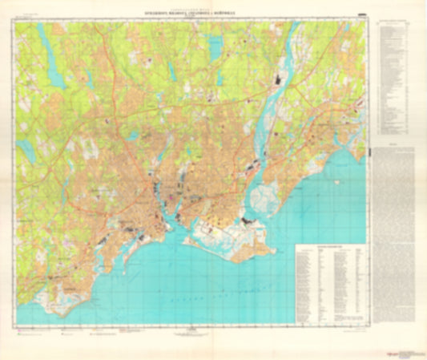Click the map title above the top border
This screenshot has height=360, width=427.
187,14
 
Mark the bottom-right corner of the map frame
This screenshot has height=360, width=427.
367,326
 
